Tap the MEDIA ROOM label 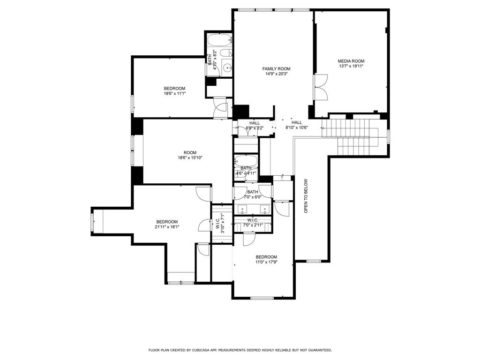click(351, 61)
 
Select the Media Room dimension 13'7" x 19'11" click(351, 66)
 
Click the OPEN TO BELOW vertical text click(306, 196)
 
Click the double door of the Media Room click(321, 87)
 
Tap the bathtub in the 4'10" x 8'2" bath click(219, 39)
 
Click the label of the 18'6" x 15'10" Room click(190, 152)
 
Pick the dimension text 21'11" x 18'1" click(167, 227)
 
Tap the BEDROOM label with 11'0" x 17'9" click(266, 257)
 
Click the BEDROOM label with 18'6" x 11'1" click(174, 89)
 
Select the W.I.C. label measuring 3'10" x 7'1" click(218, 223)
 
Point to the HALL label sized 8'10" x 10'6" click(296, 122)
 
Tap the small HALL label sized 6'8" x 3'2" click(255, 123)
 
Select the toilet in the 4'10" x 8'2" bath click(225, 52)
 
